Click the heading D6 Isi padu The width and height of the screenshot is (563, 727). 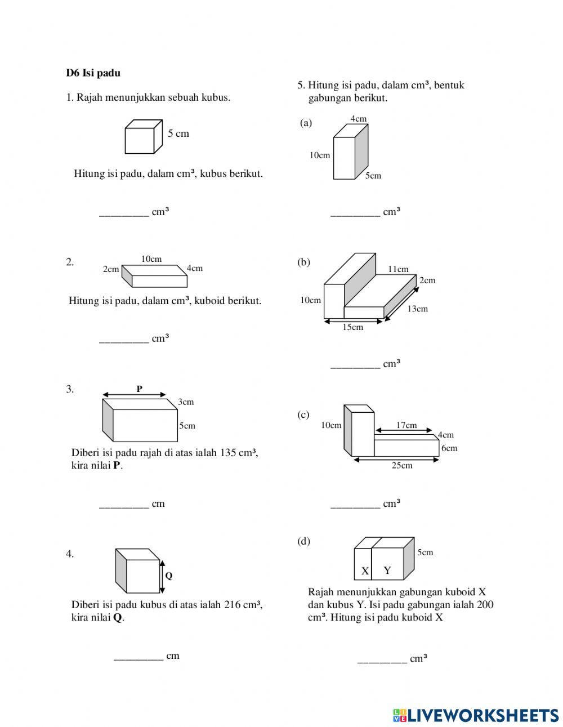click(93, 73)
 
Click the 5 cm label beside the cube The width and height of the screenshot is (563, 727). click(178, 133)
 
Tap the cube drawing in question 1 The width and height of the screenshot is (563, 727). click(140, 137)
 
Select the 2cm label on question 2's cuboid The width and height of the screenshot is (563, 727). click(111, 269)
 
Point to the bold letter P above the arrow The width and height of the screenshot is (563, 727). click(139, 389)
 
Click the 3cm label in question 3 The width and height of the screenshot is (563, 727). click(186, 402)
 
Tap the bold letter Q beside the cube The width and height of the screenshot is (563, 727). click(168, 576)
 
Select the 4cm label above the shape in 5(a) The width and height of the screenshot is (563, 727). click(359, 119)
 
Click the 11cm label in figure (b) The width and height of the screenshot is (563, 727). click(398, 269)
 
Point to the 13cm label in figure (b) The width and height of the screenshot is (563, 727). click(417, 309)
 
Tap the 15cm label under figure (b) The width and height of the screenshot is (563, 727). click(353, 327)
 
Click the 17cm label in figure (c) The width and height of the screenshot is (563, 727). click(406, 425)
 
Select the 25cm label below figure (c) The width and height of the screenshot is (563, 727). click(402, 465)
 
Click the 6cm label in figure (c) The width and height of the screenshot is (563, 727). click(449, 448)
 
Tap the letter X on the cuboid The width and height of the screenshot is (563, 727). click(365, 570)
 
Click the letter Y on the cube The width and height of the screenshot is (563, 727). click(387, 570)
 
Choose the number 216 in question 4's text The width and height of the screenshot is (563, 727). click(233, 605)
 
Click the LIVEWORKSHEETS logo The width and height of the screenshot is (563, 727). click(476, 715)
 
